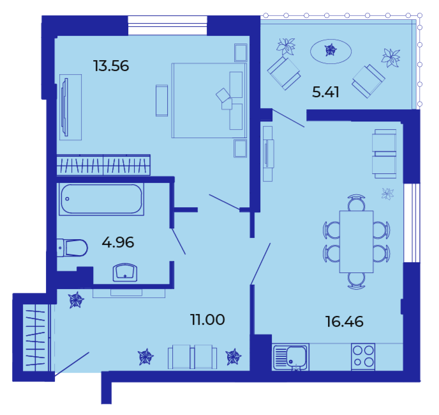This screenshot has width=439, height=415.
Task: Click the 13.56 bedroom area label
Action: (111, 66)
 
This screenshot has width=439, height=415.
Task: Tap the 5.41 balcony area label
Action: (325, 92)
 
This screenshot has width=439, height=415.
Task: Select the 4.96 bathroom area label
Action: (118, 242)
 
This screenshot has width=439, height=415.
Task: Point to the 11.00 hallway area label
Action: (207, 320)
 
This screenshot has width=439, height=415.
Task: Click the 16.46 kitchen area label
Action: (344, 322)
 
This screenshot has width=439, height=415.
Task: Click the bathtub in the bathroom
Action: (101, 199)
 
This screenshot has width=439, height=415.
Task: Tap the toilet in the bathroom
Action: (72, 247)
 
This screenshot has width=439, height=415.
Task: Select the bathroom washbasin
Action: (125, 272)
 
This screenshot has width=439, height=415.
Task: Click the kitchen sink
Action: (291, 357)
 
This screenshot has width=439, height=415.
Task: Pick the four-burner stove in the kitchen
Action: (363, 356)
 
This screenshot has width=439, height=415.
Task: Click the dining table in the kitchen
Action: (356, 241)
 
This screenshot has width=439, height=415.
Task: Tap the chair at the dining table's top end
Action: (356, 202)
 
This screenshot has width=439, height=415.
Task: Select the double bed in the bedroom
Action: (209, 100)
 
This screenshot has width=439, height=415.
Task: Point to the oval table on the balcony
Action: (331, 51)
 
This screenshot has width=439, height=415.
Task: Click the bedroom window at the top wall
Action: (167, 25)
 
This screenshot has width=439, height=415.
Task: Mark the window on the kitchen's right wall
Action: (412, 223)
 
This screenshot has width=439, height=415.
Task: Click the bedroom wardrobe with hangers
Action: (103, 165)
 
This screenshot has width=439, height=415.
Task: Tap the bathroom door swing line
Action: (179, 241)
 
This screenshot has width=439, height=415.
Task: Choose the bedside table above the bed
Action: (241, 52)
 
